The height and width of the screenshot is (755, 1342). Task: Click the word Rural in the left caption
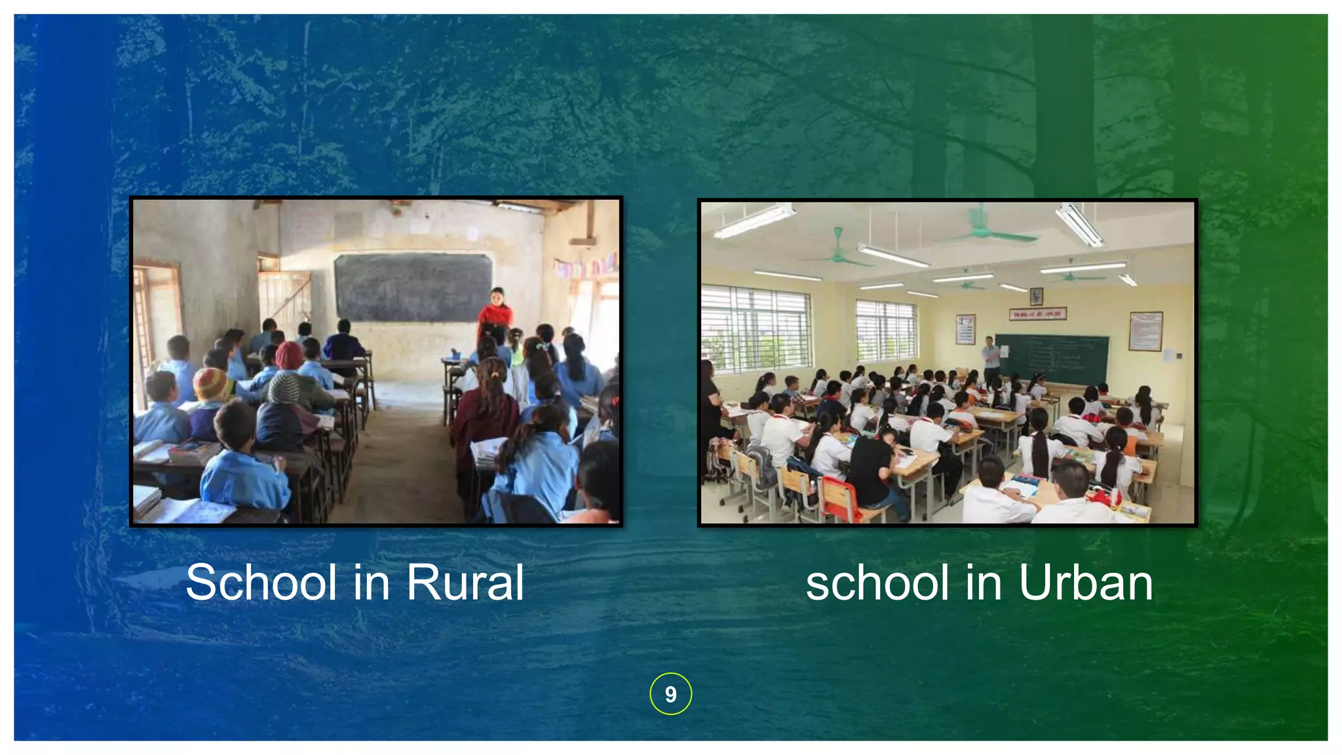point(465,582)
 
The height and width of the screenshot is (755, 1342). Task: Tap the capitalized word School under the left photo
point(261,582)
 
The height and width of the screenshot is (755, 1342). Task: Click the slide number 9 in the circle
point(670,694)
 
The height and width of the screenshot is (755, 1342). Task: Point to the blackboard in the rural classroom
point(413,288)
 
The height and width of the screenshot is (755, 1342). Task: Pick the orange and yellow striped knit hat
point(211,383)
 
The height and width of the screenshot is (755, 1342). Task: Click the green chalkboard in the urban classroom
point(1053,359)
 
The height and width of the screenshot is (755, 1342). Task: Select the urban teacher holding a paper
point(991,358)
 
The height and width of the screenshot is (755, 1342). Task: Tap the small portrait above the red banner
point(1036,296)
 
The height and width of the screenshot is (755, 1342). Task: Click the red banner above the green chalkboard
point(1037,314)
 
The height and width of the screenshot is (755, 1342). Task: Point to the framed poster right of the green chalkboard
point(1145,331)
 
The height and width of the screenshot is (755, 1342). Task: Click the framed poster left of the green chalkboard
point(965,329)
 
